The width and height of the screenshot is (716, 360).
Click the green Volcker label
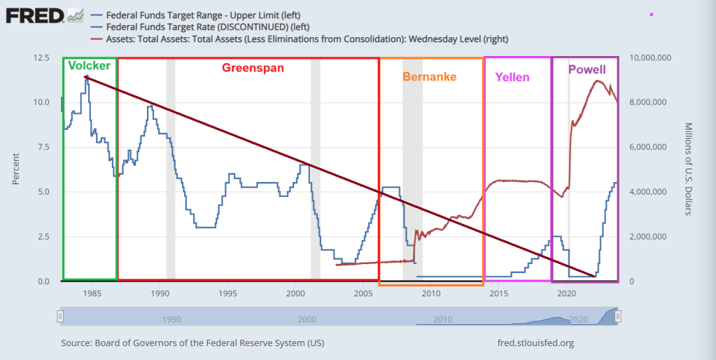(x=89, y=66)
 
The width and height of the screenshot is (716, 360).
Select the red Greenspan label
(x=253, y=68)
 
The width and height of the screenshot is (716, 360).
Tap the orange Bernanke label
(x=429, y=76)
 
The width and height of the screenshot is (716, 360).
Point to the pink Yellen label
(x=512, y=77)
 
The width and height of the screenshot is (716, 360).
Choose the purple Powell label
(x=587, y=70)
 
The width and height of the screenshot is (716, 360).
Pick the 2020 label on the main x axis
(x=566, y=293)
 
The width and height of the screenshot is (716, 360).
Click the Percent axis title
(x=15, y=169)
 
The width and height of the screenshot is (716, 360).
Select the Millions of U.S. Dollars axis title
(x=689, y=169)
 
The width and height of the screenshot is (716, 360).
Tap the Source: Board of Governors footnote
(x=192, y=343)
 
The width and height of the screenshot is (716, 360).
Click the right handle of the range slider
(x=618, y=317)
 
